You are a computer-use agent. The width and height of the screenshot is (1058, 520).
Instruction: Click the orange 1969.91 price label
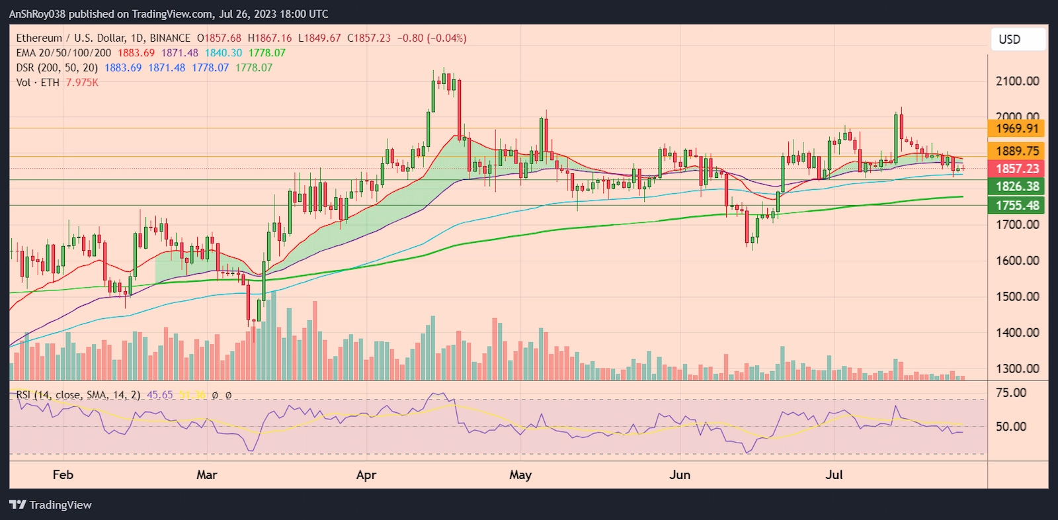pos(1017,128)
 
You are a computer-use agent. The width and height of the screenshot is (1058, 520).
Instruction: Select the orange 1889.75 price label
pos(1017,151)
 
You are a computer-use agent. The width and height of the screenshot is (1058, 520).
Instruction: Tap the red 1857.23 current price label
pos(1017,169)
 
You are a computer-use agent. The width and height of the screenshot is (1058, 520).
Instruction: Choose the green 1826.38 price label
pos(1017,187)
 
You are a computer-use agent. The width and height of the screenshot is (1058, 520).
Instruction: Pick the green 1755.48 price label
pos(1017,205)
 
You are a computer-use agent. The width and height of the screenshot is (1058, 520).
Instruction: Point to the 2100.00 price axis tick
pos(1017,81)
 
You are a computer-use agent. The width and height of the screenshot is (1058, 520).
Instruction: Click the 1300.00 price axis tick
pos(1017,368)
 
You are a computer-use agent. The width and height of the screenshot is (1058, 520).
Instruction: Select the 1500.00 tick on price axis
pos(1017,296)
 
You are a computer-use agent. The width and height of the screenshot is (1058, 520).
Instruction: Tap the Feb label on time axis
pos(63,474)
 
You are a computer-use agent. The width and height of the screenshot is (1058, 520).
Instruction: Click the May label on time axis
pos(520,474)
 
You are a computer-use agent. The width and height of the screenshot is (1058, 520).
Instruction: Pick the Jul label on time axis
pos(834,474)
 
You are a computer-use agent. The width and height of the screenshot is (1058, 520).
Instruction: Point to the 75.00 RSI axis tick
pos(1010,392)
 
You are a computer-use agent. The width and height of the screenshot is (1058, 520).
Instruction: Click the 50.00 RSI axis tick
pos(1010,427)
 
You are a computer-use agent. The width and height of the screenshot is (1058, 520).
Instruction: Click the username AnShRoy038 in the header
pos(37,14)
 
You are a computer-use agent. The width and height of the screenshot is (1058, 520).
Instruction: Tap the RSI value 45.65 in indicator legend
pos(159,395)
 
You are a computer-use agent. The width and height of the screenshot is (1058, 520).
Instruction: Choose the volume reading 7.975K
pos(82,83)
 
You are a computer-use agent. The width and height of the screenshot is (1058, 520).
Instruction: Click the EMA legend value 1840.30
pos(223,53)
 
